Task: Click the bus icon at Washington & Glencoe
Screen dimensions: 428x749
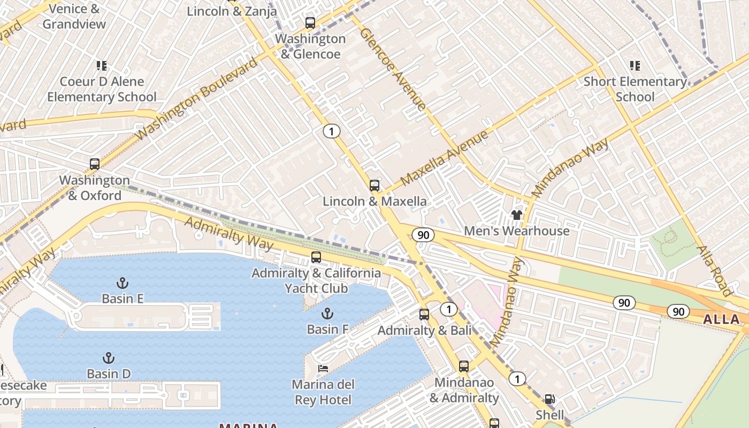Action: [310, 23]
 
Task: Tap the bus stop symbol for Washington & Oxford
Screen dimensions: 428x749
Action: [95, 164]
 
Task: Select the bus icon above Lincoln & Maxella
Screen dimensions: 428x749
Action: [374, 186]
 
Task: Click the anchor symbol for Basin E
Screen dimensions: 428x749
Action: [123, 282]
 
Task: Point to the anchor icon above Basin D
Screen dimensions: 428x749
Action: [109, 358]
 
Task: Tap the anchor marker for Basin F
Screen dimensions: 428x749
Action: [327, 314]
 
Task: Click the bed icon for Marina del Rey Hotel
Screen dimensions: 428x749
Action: [323, 369]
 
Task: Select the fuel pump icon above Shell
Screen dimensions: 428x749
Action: [549, 399]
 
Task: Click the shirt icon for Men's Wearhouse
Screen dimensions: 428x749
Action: [516, 215]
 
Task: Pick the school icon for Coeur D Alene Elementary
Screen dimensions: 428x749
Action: [102, 66]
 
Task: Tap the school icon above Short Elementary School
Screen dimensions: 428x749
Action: [635, 66]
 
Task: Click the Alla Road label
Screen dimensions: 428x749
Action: [714, 271]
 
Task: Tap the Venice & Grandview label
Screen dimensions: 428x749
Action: [74, 17]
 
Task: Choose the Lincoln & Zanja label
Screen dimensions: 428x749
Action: [232, 11]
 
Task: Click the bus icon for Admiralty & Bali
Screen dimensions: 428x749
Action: [424, 315]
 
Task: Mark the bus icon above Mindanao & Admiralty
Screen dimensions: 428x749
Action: [464, 366]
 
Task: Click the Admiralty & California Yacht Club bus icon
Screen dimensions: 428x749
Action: [316, 257]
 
